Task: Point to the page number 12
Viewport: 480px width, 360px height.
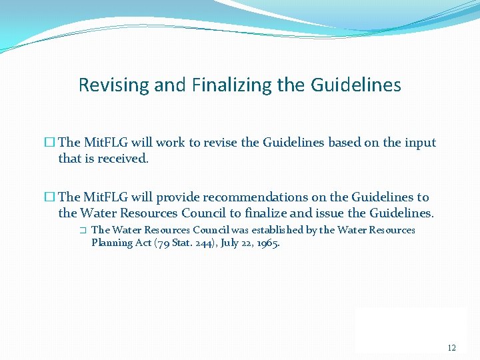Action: click(x=452, y=348)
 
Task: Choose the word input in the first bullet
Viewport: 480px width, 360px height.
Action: click(x=419, y=143)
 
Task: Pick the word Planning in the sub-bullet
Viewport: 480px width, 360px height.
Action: click(x=111, y=243)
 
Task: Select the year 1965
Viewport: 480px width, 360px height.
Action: click(x=267, y=243)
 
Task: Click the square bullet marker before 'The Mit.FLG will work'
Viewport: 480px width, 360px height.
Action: click(x=49, y=143)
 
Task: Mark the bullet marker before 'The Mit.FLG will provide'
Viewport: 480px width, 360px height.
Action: click(x=49, y=197)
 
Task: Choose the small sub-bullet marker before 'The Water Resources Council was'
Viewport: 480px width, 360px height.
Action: click(x=82, y=230)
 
